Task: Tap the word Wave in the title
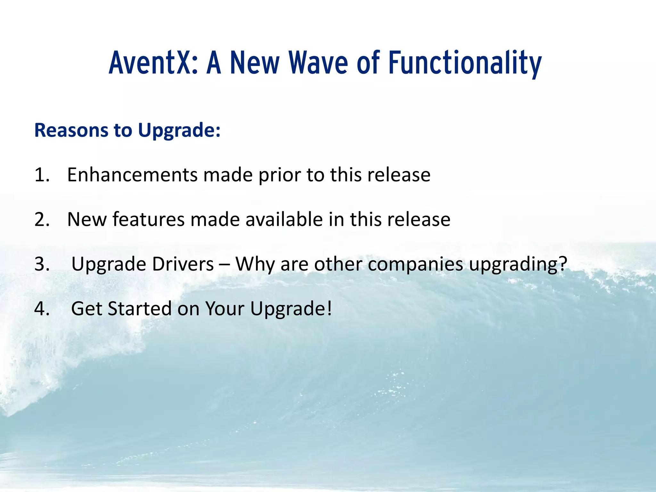(318, 63)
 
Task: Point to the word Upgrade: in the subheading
(179, 131)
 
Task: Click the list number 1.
(42, 175)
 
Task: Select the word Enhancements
(132, 175)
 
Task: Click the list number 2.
(42, 220)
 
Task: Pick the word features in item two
(149, 220)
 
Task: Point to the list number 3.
(42, 265)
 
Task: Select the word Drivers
(183, 265)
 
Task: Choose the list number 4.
(42, 309)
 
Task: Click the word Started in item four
(140, 309)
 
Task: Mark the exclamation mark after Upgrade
(329, 309)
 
